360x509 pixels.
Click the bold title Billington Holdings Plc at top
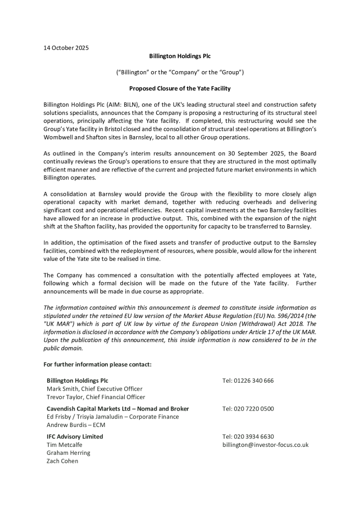180,56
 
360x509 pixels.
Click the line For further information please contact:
97,364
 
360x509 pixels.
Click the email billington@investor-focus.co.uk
266,444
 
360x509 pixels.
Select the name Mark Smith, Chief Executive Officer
94,389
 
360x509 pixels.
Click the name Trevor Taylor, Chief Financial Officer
96,397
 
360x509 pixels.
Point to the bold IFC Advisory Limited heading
75,436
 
